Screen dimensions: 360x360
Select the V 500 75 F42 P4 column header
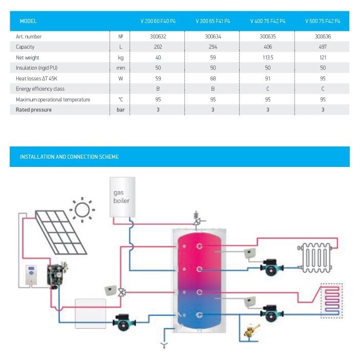click(x=323, y=22)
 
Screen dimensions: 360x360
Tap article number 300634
click(x=213, y=37)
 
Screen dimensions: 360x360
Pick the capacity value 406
click(x=268, y=47)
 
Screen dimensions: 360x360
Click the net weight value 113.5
click(x=268, y=58)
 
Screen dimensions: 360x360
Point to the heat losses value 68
click(x=213, y=78)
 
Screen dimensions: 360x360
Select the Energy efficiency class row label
click(x=40, y=89)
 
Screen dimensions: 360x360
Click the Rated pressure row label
click(x=34, y=110)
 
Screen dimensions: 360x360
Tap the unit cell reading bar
click(x=121, y=110)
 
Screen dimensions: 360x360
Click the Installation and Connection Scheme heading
click(x=69, y=157)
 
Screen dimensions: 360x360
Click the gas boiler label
click(x=121, y=197)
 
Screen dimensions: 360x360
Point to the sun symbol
click(x=82, y=209)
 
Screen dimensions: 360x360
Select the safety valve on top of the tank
click(x=196, y=219)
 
